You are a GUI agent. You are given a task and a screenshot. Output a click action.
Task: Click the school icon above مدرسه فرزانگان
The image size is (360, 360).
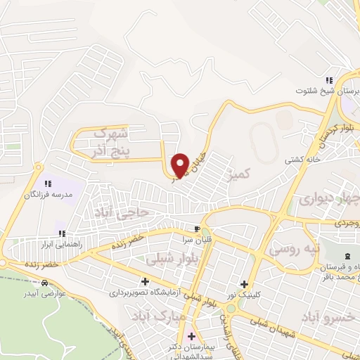point(48,184)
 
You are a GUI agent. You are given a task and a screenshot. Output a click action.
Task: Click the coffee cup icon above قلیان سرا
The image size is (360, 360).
point(198,229)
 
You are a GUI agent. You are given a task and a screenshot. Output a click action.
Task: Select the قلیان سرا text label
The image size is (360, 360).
point(198,239)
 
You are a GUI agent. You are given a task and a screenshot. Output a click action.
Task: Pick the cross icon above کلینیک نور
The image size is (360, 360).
point(244,285)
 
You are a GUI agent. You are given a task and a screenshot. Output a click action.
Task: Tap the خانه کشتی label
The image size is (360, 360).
point(300,160)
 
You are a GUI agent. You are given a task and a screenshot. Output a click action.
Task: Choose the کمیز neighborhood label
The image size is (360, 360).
point(239,172)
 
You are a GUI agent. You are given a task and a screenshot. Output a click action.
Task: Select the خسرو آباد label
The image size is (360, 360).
point(330,318)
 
